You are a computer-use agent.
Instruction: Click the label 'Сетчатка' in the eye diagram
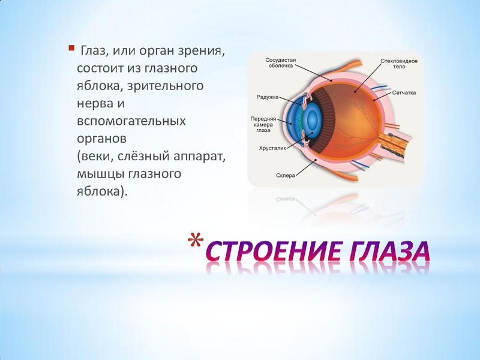(x=404, y=93)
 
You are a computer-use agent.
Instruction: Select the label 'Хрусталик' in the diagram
(x=271, y=146)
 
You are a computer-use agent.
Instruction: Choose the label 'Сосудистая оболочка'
(x=279, y=63)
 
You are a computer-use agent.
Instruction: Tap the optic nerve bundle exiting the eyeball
(x=399, y=143)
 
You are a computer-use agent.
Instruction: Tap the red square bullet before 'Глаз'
(x=71, y=47)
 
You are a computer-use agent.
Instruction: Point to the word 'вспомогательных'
(x=131, y=121)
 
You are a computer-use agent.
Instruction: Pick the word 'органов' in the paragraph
(x=101, y=139)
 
